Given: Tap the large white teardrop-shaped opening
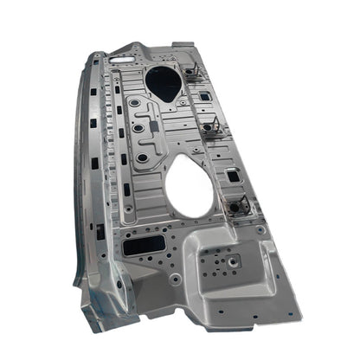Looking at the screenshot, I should click(x=193, y=185).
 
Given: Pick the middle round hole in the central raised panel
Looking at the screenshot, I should click(x=138, y=129).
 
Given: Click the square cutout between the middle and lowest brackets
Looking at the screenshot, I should click(x=234, y=176).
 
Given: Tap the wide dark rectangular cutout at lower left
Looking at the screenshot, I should click(x=139, y=247).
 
